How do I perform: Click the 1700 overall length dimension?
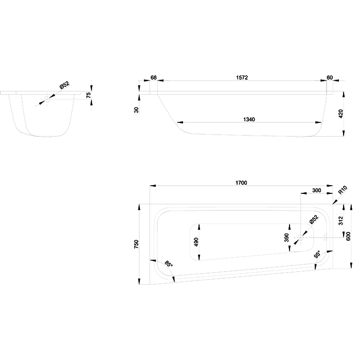[x=241, y=183]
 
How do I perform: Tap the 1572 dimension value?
[x=242, y=78]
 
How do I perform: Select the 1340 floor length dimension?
[x=249, y=119]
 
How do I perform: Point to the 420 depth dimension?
[x=340, y=114]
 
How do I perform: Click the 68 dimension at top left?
[x=154, y=78]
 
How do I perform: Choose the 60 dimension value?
[x=330, y=78]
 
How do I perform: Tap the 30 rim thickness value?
[x=136, y=110]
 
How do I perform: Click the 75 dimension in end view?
[x=88, y=95]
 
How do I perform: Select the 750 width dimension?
[x=136, y=244]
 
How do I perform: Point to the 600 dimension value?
[x=348, y=236]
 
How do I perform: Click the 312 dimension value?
[x=340, y=221]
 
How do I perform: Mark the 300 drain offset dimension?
[x=317, y=190]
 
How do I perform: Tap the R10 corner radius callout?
[x=343, y=190]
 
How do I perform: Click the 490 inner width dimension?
[x=196, y=242]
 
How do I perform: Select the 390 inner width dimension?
[x=286, y=238]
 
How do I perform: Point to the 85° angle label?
[x=169, y=263]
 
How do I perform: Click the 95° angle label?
[x=317, y=255]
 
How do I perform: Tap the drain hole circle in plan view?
[x=300, y=238]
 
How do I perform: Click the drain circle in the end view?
[x=47, y=99]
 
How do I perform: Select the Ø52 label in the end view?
[x=64, y=85]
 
